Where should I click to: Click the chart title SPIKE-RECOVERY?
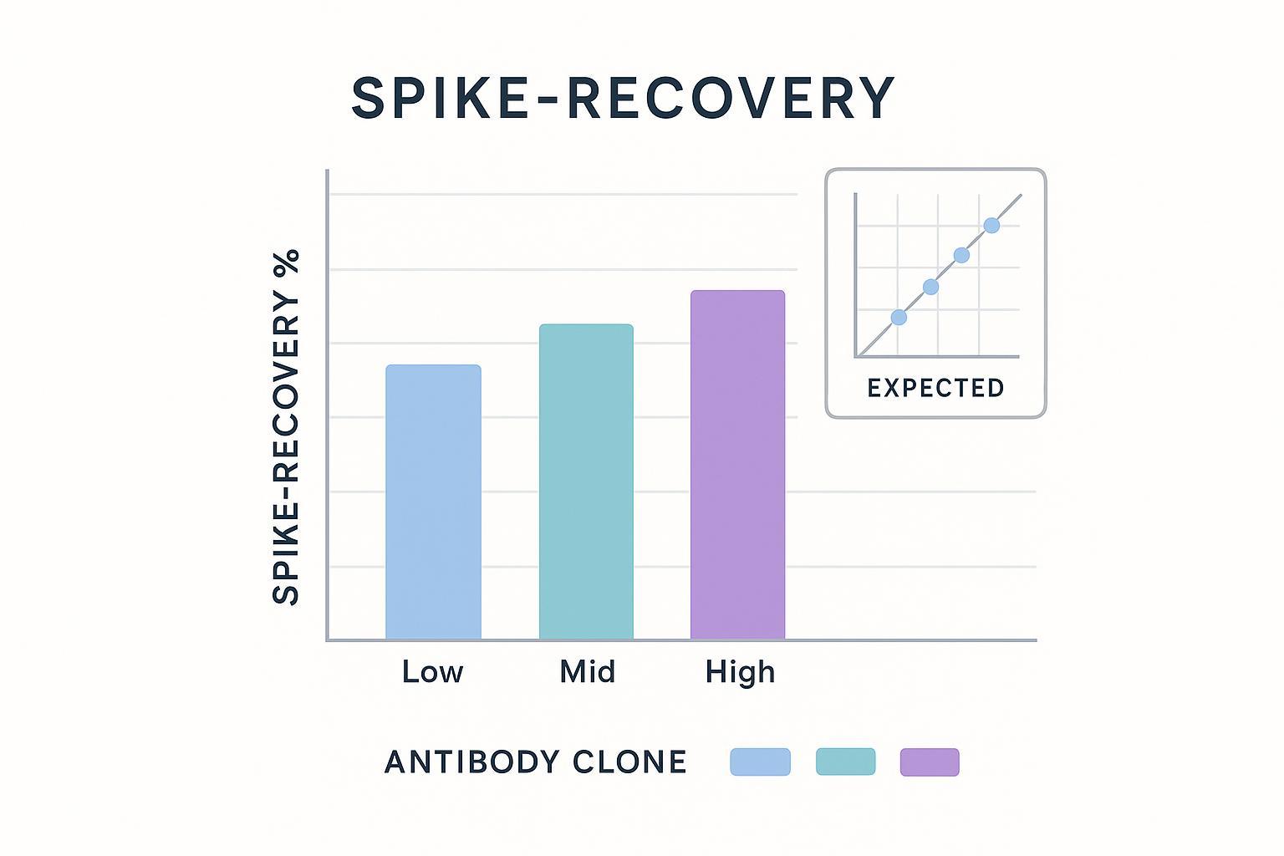click(623, 99)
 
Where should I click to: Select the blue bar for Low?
click(433, 502)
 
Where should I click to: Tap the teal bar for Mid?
click(586, 481)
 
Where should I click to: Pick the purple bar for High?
click(737, 465)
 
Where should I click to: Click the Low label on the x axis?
click(432, 672)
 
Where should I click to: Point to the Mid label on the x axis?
click(587, 672)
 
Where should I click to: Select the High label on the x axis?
click(740, 672)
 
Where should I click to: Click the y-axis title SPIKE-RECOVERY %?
click(287, 426)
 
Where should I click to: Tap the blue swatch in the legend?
click(760, 762)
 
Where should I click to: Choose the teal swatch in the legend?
click(845, 762)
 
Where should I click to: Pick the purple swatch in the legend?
click(930, 762)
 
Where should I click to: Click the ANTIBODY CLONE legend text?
click(535, 762)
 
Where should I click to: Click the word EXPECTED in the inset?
click(935, 388)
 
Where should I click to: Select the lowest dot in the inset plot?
click(899, 318)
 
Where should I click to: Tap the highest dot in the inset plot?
click(991, 225)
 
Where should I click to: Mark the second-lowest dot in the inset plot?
click(930, 287)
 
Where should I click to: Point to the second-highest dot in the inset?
click(961, 255)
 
